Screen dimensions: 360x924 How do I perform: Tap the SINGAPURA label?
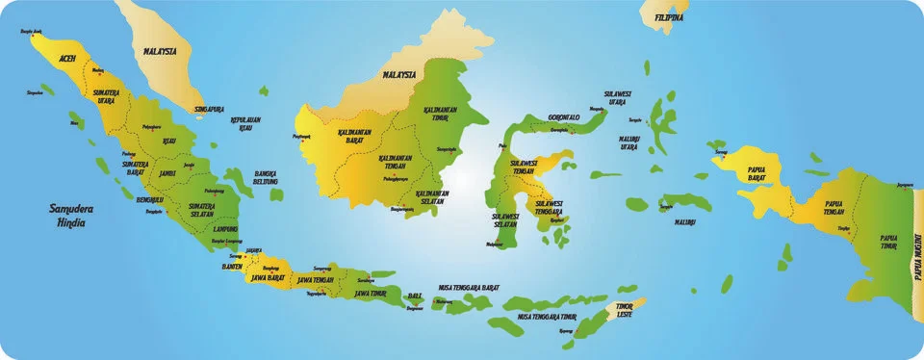click(x=211, y=110)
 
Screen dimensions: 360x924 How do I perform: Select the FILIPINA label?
click(x=669, y=17)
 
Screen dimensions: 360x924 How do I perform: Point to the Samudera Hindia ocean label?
click(x=71, y=214)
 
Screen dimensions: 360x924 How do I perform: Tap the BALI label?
click(x=415, y=295)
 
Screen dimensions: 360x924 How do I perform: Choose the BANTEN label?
click(x=231, y=266)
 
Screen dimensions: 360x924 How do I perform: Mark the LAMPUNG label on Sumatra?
click(x=226, y=229)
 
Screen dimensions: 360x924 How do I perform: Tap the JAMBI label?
click(x=168, y=173)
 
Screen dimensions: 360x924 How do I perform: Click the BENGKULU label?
click(x=150, y=199)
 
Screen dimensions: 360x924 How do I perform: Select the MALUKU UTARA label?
click(x=630, y=143)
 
